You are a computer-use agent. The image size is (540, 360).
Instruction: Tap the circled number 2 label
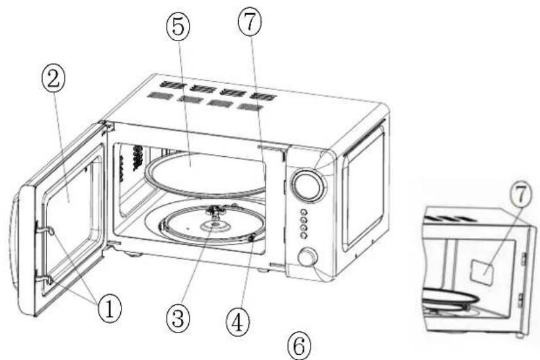53,80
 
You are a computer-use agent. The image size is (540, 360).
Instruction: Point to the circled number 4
237,323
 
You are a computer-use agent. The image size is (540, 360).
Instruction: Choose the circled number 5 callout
178,27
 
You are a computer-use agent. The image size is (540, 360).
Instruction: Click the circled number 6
299,345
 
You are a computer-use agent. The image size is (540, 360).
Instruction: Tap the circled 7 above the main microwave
250,22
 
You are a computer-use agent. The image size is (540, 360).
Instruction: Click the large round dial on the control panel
307,184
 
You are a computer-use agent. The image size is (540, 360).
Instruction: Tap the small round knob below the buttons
307,258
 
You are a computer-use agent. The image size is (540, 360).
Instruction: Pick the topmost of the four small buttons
303,212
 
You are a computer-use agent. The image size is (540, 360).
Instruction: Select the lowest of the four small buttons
303,235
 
